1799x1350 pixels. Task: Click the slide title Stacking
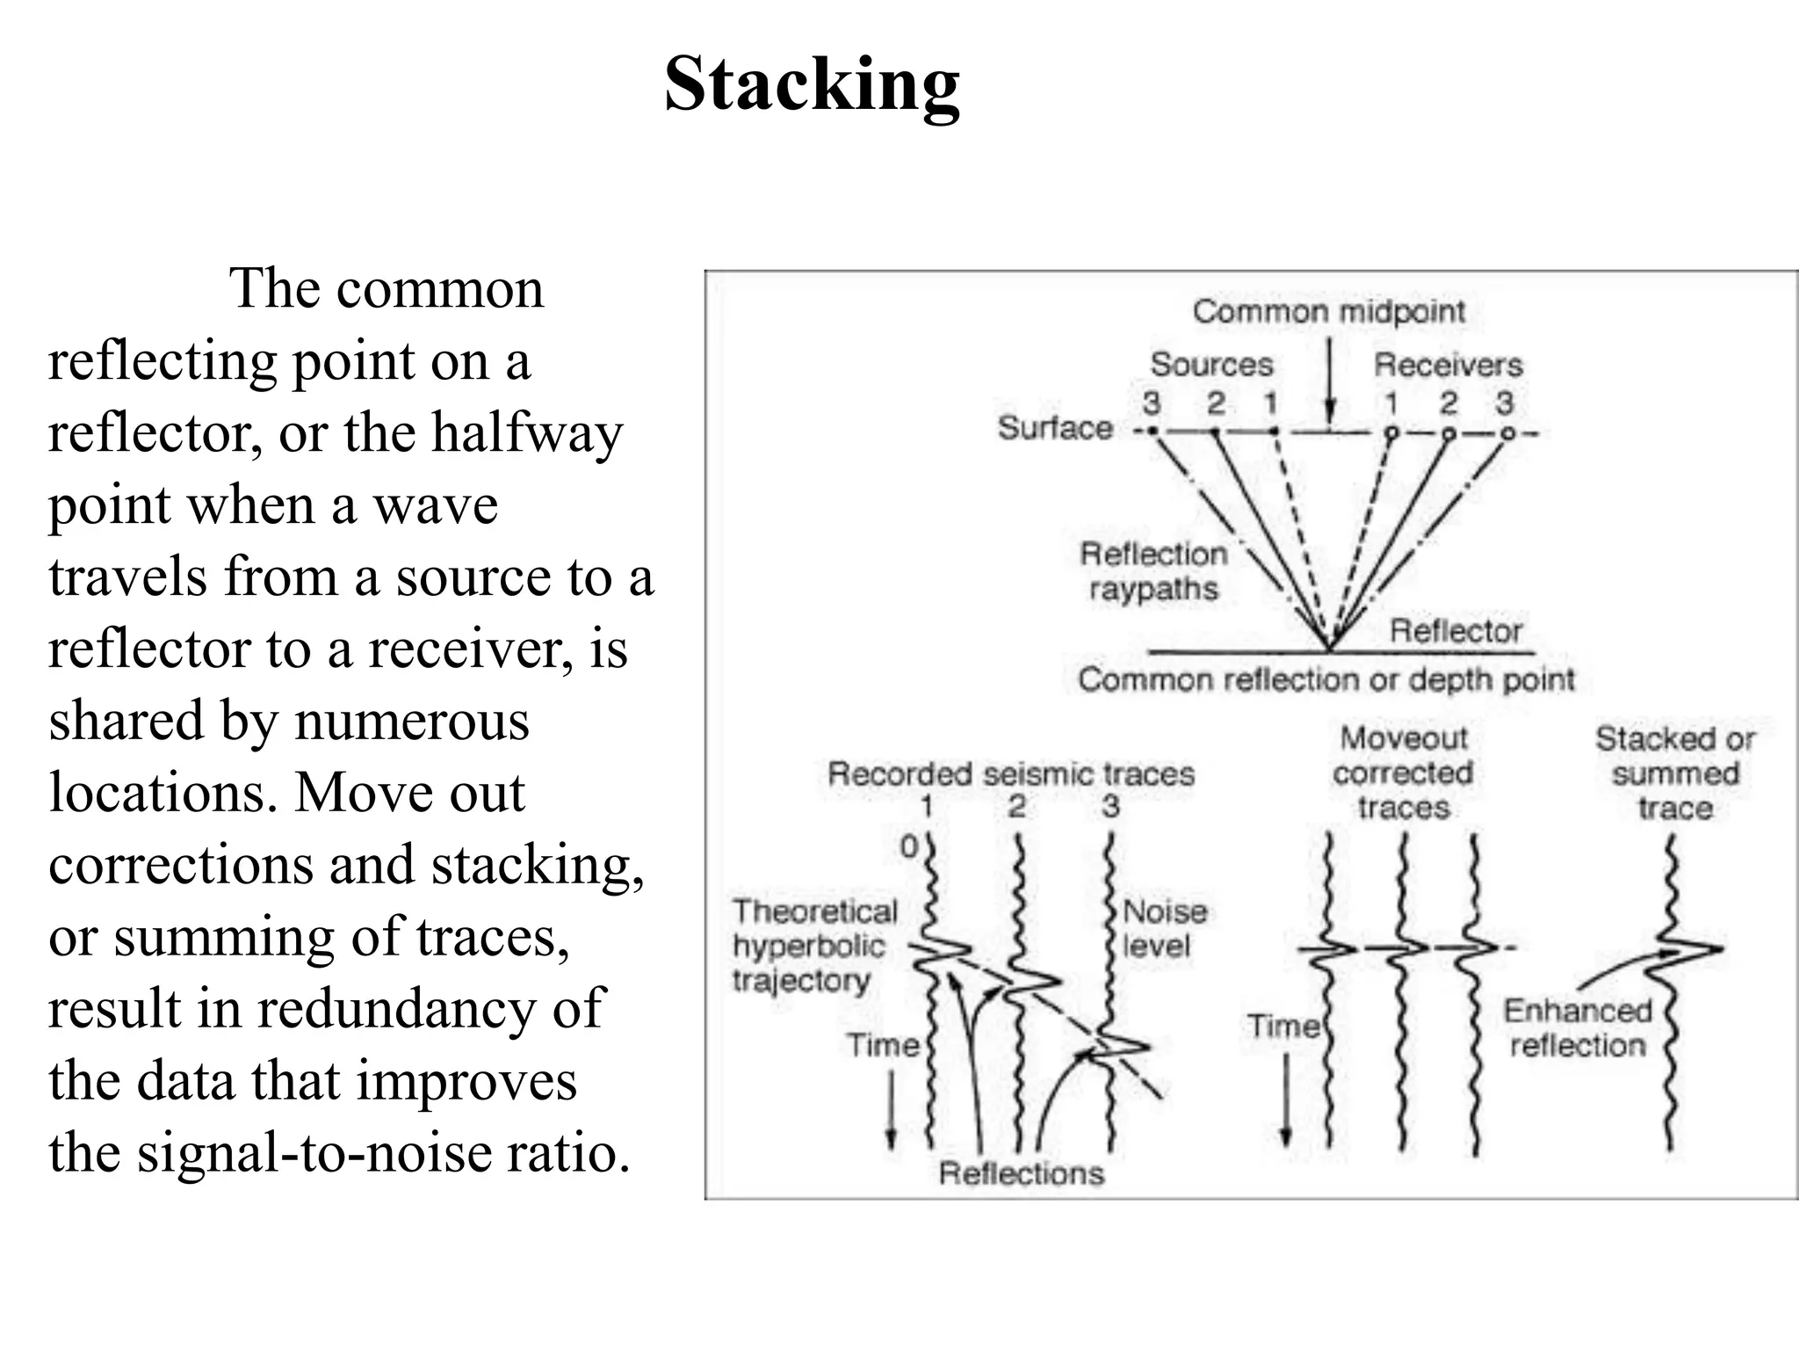(812, 85)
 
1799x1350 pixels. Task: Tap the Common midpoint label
(1328, 311)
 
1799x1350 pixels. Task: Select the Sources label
(1211, 364)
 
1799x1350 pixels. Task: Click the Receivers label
(1448, 364)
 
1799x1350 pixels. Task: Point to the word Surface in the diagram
(1055, 428)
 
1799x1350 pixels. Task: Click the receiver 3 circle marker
(1507, 433)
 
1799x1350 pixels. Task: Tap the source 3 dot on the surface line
(1153, 432)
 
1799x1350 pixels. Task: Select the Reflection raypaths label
(1153, 571)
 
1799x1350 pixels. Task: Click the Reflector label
(1456, 631)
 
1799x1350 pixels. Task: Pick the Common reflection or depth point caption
(1326, 679)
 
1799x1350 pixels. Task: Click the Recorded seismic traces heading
(1011, 774)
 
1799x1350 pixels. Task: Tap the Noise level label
(1165, 928)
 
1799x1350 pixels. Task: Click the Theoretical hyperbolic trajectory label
(814, 946)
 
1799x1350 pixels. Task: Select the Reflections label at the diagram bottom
(1021, 1173)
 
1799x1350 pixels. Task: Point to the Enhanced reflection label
(1578, 1028)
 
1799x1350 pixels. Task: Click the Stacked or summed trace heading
(1675, 773)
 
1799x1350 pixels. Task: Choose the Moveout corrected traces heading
(1403, 773)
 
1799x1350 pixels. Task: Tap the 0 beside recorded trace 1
(909, 847)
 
